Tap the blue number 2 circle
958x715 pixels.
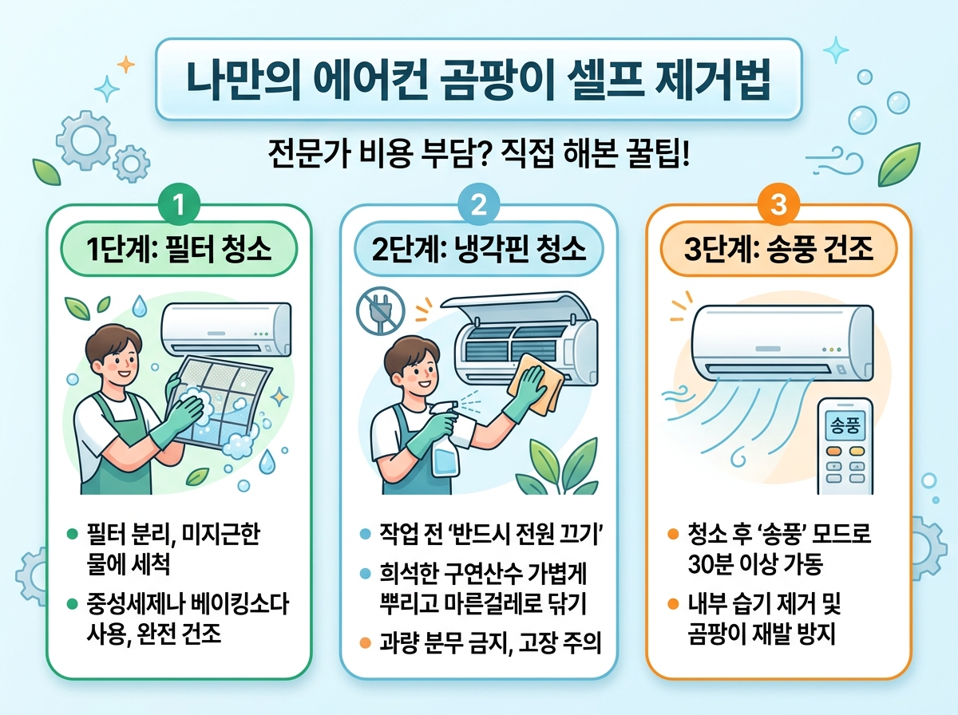point(479,207)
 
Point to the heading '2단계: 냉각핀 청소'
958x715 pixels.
point(480,250)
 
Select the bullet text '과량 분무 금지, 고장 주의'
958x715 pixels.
point(491,643)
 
